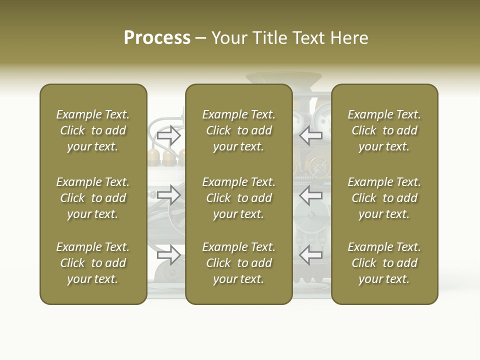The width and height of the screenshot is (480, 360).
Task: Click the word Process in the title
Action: pyautogui.click(x=157, y=38)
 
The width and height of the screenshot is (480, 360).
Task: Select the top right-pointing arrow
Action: pyautogui.click(x=168, y=135)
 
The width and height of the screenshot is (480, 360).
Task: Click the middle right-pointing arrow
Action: pyautogui.click(x=168, y=194)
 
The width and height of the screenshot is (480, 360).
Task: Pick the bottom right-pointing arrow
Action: pyautogui.click(x=168, y=254)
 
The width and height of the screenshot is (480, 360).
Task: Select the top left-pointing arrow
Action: pyautogui.click(x=311, y=134)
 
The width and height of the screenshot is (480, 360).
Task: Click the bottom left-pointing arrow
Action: pyautogui.click(x=311, y=254)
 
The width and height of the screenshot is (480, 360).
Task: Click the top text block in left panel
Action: pyautogui.click(x=93, y=130)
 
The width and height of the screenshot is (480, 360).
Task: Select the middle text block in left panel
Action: pyautogui.click(x=93, y=198)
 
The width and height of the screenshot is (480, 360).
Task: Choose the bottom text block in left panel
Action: pyautogui.click(x=93, y=263)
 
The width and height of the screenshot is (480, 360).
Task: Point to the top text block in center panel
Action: pyautogui.click(x=239, y=130)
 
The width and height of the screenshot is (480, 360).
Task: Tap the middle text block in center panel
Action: pyautogui.click(x=239, y=198)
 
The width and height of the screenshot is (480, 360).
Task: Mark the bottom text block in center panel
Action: pyautogui.click(x=239, y=263)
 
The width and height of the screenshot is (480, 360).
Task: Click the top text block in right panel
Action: pyautogui.click(x=384, y=130)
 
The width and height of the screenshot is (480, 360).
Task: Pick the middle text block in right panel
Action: pyautogui.click(x=384, y=198)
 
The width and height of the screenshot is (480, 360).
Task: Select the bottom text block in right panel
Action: pyautogui.click(x=384, y=263)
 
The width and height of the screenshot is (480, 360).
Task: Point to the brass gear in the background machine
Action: pyautogui.click(x=316, y=165)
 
